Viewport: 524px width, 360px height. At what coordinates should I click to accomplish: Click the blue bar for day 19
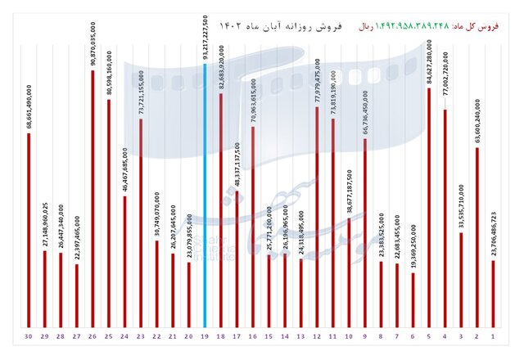(205, 196)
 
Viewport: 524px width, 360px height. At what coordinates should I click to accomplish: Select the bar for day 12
(317, 217)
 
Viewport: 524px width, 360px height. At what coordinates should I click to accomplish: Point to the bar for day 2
(477, 237)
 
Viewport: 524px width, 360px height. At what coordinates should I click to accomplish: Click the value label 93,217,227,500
(205, 38)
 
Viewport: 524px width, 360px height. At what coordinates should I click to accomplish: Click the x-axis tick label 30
(29, 336)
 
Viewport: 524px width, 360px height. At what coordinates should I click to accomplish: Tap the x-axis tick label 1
(493, 336)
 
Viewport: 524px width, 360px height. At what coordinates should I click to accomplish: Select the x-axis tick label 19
(205, 336)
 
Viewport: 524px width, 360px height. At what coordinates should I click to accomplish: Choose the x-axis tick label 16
(253, 336)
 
